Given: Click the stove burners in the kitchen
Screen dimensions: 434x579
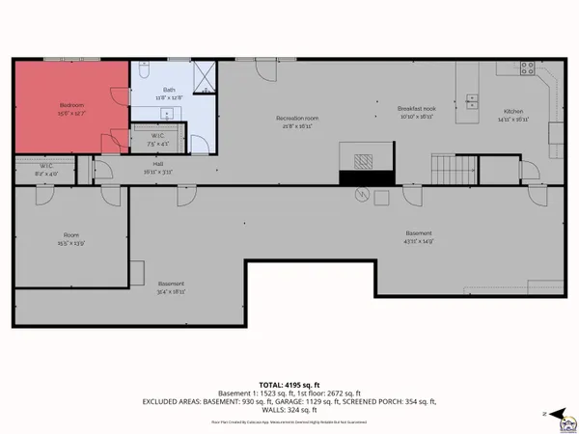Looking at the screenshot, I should click(527, 68).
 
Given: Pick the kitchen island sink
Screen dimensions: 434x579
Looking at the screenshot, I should click(471, 98).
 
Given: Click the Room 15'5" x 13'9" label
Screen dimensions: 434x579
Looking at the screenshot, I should click(71, 238).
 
